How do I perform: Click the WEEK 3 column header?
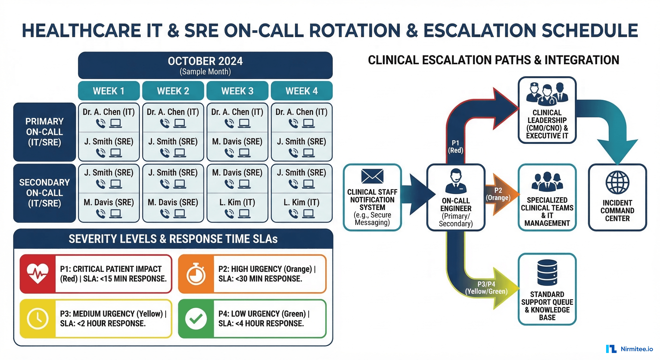pyautogui.click(x=237, y=91)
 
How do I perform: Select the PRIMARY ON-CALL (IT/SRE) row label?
pyautogui.click(x=44, y=132)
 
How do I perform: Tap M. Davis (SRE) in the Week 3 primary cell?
pyautogui.click(x=237, y=141)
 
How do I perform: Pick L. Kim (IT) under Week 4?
pyautogui.click(x=301, y=202)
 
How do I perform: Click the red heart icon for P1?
pyautogui.click(x=38, y=274)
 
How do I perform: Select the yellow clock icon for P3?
pyautogui.click(x=38, y=319)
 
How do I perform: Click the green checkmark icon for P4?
pyautogui.click(x=196, y=319)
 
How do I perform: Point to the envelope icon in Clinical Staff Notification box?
pyautogui.click(x=372, y=176)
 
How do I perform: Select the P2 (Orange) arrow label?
pyautogui.click(x=498, y=194)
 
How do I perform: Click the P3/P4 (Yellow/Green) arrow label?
pyautogui.click(x=486, y=288)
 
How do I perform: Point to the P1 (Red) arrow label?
pyautogui.click(x=455, y=146)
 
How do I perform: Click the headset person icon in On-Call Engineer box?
pyautogui.click(x=456, y=181)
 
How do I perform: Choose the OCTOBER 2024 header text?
pyautogui.click(x=205, y=61)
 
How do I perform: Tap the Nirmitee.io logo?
pyautogui.click(x=629, y=349)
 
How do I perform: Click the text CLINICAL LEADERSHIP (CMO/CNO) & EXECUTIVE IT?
pyautogui.click(x=547, y=124)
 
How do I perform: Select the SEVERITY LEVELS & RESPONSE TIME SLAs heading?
pyautogui.click(x=173, y=239)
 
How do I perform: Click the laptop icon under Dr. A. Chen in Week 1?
pyautogui.click(x=116, y=124)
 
